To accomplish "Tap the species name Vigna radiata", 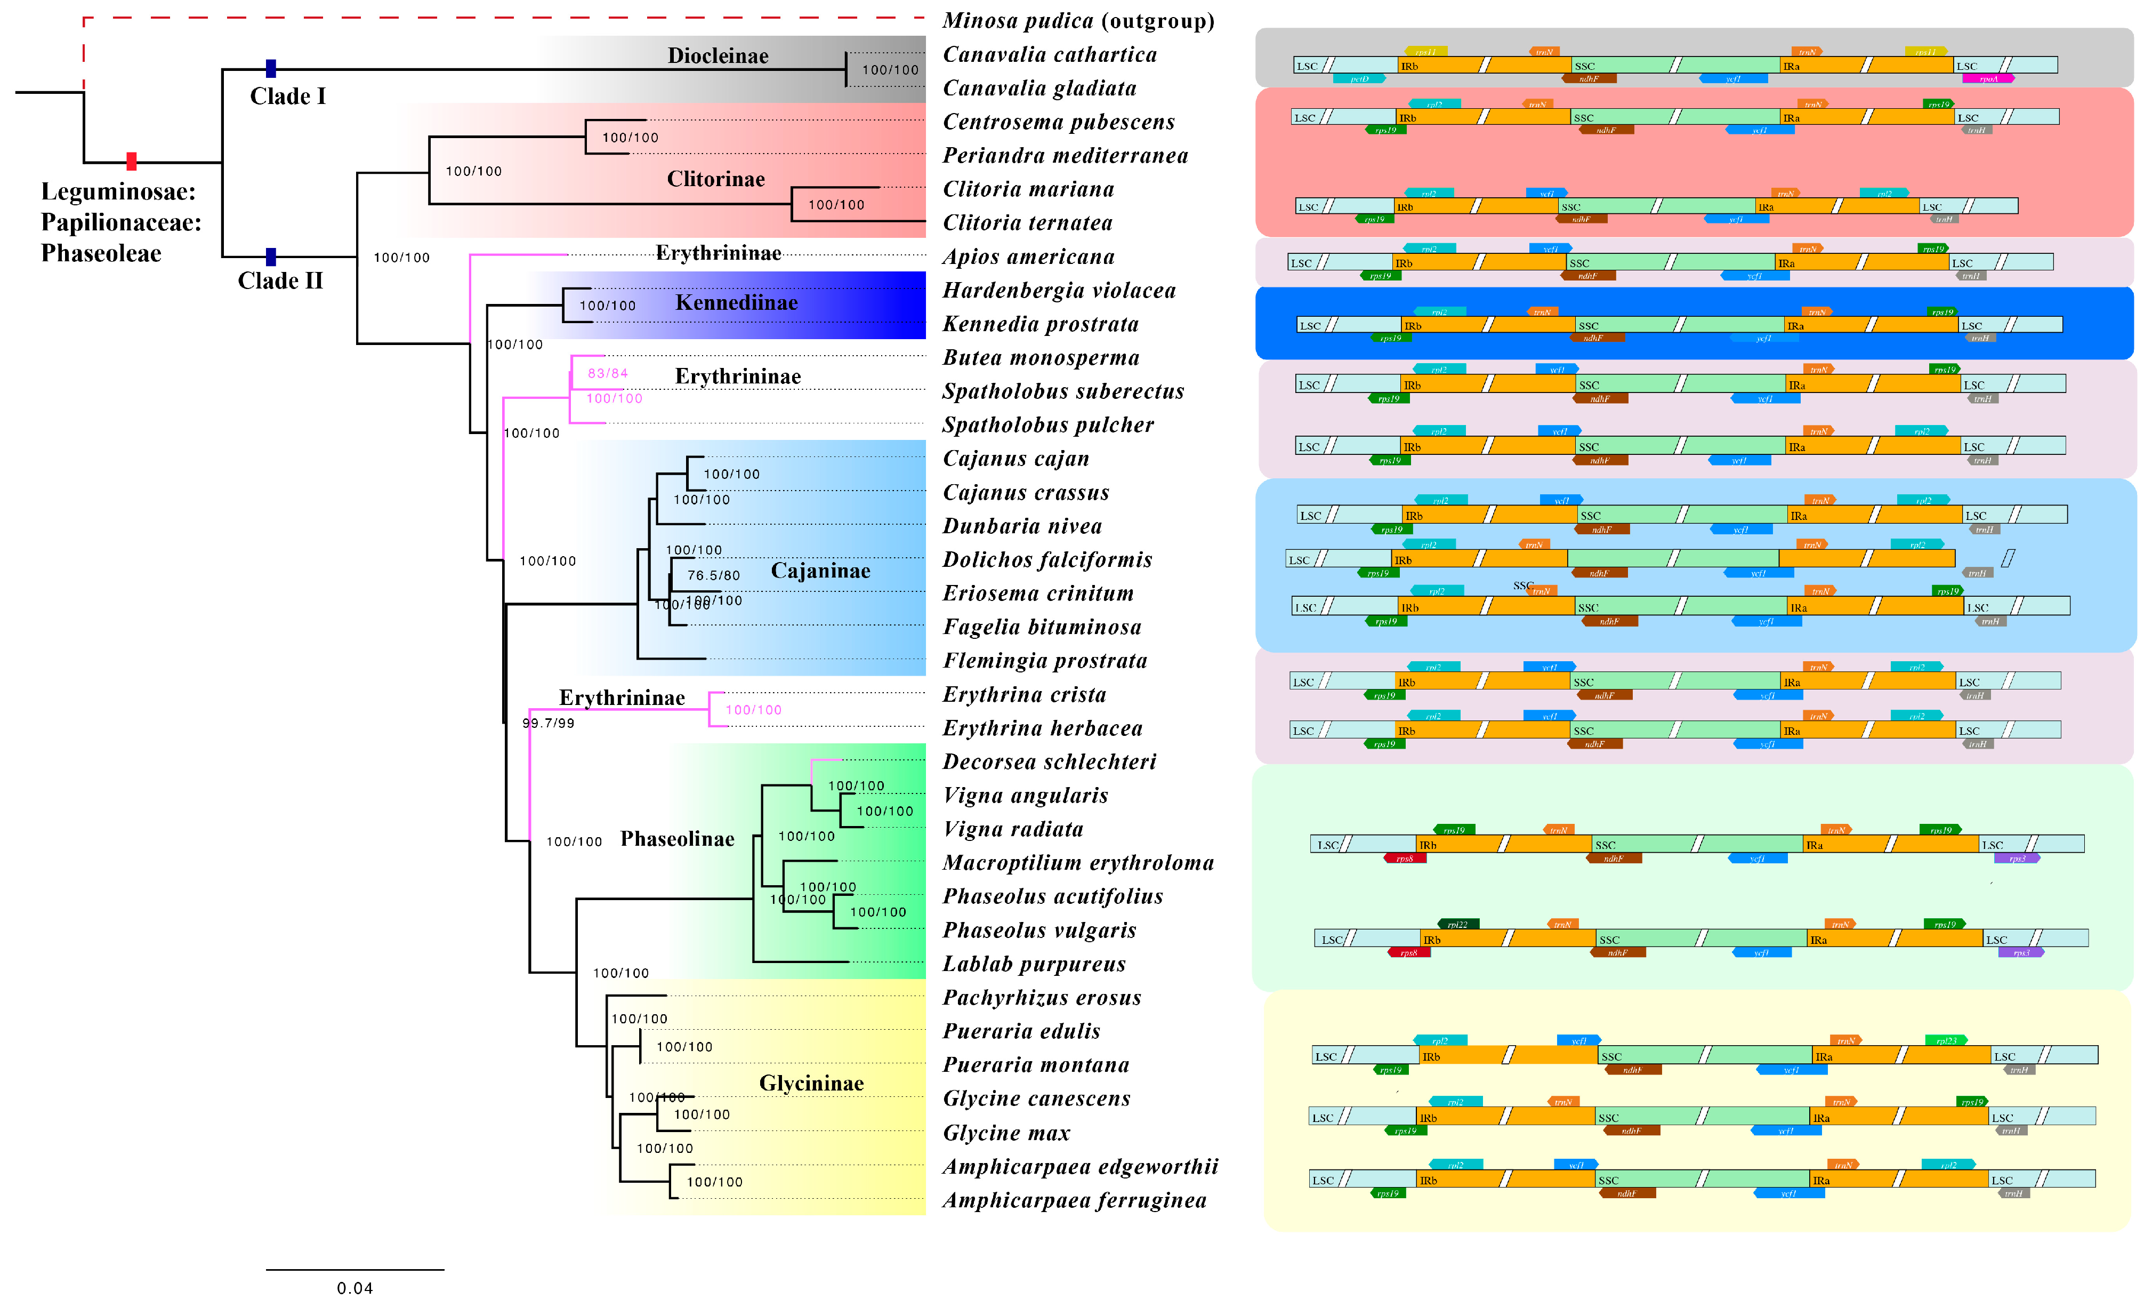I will point(1013,829).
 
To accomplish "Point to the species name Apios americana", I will point(1028,256).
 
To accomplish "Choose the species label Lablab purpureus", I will point(1034,964).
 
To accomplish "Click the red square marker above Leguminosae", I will point(131,161).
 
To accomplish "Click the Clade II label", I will point(280,281).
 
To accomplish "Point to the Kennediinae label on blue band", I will point(736,303).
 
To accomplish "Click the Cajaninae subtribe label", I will point(820,571).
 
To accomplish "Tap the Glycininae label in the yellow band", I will point(811,1084).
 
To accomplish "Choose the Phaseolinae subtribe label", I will point(677,839).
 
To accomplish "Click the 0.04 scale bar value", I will point(355,1288).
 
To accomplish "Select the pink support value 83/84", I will point(607,373).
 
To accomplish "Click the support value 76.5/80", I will point(713,575).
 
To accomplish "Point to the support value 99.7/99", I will point(548,723).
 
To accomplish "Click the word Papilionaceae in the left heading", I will point(121,223).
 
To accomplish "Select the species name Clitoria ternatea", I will point(1028,223).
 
